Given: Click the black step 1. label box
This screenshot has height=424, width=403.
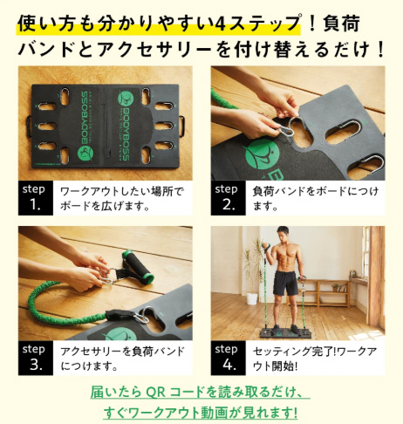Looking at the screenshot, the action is point(36,198).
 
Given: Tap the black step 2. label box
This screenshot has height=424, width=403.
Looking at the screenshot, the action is point(229,198).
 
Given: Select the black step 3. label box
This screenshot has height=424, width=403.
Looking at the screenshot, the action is point(36,358).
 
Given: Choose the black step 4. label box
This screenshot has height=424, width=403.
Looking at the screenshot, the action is point(229,358).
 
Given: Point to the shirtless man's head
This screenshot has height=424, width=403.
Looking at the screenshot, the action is point(283,235).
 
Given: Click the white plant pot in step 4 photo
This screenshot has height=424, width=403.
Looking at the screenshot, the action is point(252,298).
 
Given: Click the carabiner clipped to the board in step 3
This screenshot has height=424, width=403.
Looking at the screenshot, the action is point(144,315).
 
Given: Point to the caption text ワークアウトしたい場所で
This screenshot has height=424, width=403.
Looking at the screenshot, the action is point(122,192).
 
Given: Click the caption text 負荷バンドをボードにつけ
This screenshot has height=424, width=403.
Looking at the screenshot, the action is point(316,192).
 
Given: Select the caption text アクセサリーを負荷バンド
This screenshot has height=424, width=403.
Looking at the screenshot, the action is point(122,352).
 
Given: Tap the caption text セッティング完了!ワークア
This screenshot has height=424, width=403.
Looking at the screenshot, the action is point(315,352).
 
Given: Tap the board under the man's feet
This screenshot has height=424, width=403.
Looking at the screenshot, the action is point(286,332).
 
